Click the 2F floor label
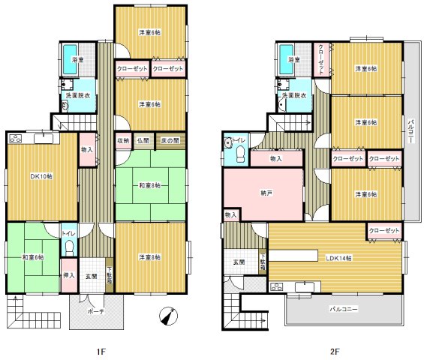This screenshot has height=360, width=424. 334,349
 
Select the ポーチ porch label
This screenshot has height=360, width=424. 96,310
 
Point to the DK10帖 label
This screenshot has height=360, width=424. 41,177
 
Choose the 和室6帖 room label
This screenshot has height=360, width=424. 32,256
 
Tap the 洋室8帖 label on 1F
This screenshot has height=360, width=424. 149,259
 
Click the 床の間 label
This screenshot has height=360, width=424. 170,140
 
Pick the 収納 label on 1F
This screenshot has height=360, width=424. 122,140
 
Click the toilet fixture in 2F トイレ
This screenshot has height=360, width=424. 240,154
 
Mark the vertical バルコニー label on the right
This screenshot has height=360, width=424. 411,133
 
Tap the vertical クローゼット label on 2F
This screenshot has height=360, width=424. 320,59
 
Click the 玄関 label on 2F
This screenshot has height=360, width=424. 239,261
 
